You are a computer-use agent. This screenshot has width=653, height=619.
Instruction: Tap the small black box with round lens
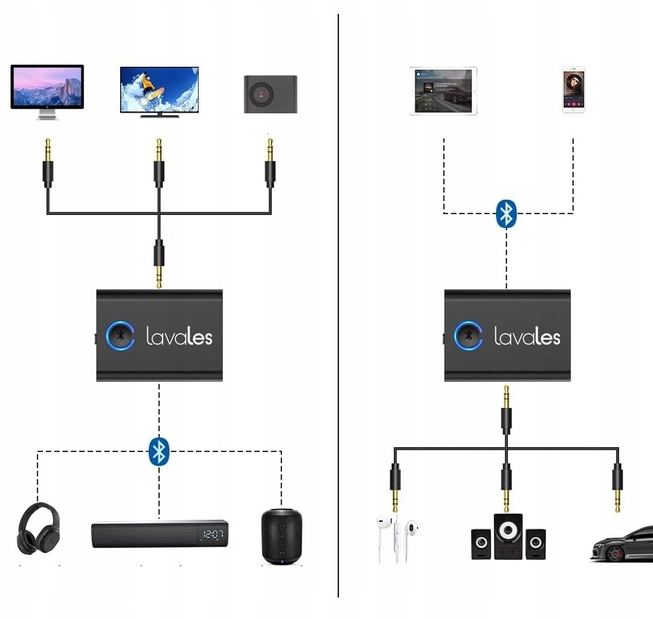tap(270, 94)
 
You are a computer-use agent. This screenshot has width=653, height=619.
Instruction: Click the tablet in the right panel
tap(443, 90)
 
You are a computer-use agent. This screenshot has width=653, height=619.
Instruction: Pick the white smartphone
tap(574, 89)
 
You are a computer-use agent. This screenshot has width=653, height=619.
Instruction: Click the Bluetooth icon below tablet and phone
tap(506, 214)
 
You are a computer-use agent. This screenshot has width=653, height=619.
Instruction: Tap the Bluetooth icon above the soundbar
tap(159, 451)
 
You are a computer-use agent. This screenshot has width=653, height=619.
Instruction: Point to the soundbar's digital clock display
tap(209, 535)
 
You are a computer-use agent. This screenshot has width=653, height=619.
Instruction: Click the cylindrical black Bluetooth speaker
tap(282, 536)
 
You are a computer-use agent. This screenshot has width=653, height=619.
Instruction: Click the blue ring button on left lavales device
tap(120, 336)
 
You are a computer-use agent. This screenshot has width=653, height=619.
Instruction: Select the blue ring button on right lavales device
tap(468, 336)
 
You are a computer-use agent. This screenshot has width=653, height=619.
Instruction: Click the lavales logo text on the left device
tap(179, 337)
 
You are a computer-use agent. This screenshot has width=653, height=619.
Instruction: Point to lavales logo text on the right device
tap(527, 337)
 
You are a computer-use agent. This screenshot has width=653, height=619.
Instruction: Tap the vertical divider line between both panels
tap(338, 306)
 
